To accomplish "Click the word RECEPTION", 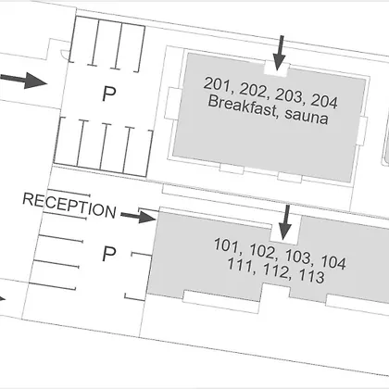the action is coord(69,206).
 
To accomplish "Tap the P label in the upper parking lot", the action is coord(109,94).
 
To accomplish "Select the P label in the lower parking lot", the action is coord(109,254).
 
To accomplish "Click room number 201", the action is coord(217,84).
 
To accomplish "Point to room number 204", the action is coord(324,101).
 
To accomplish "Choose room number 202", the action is coord(253,90).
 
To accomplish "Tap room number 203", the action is coord(289,95).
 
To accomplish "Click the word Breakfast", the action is coord(243,106).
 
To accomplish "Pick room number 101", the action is coord(227,245).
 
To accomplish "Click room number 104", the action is coord(333,262).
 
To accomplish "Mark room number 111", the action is coord(239,265).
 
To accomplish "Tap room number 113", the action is coord(311,276).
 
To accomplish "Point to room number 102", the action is coord(262,251).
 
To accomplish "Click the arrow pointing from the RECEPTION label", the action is coord(138,217).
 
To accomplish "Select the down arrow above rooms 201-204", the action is coord(279,53).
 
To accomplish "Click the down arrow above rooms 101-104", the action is coord(285,222).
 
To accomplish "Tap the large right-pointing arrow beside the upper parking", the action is coord(23,81).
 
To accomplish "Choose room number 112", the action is coord(275,270).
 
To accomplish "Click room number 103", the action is coord(298,257).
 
